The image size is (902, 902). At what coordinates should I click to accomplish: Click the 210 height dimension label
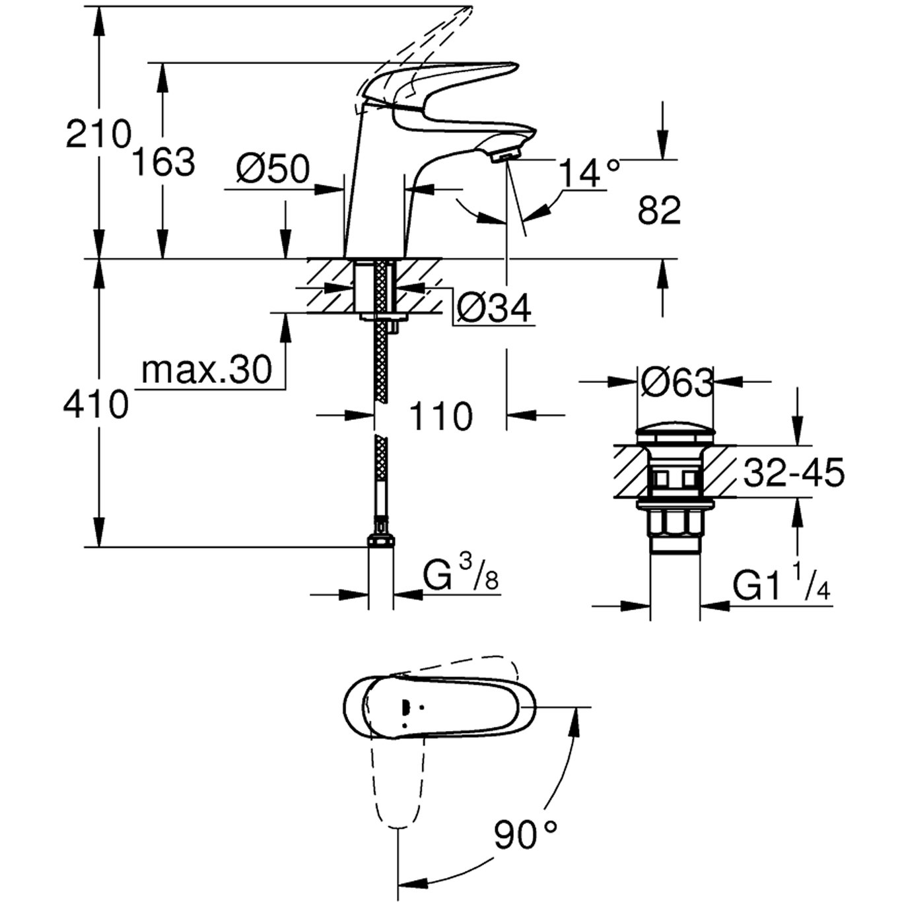pos(98,135)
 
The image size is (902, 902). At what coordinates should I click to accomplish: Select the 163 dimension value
pos(164,162)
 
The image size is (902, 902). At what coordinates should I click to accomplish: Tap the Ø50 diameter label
pos(273,170)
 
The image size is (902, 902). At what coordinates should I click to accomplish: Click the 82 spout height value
pos(659,211)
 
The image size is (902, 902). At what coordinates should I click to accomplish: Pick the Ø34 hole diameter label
pos(494,308)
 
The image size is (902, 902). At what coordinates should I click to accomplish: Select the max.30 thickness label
pos(207,370)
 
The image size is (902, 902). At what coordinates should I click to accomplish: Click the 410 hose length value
pos(96,404)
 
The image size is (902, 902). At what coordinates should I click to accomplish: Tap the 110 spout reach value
pos(441,417)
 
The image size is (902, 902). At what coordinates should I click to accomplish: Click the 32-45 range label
pos(794,473)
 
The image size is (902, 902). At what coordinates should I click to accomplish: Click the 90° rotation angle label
pos(526,835)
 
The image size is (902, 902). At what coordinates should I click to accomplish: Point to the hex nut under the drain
pos(675,526)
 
